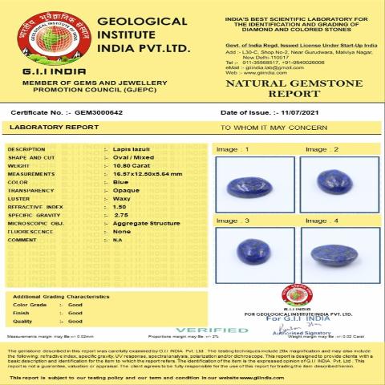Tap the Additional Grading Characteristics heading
pos(61,297)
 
